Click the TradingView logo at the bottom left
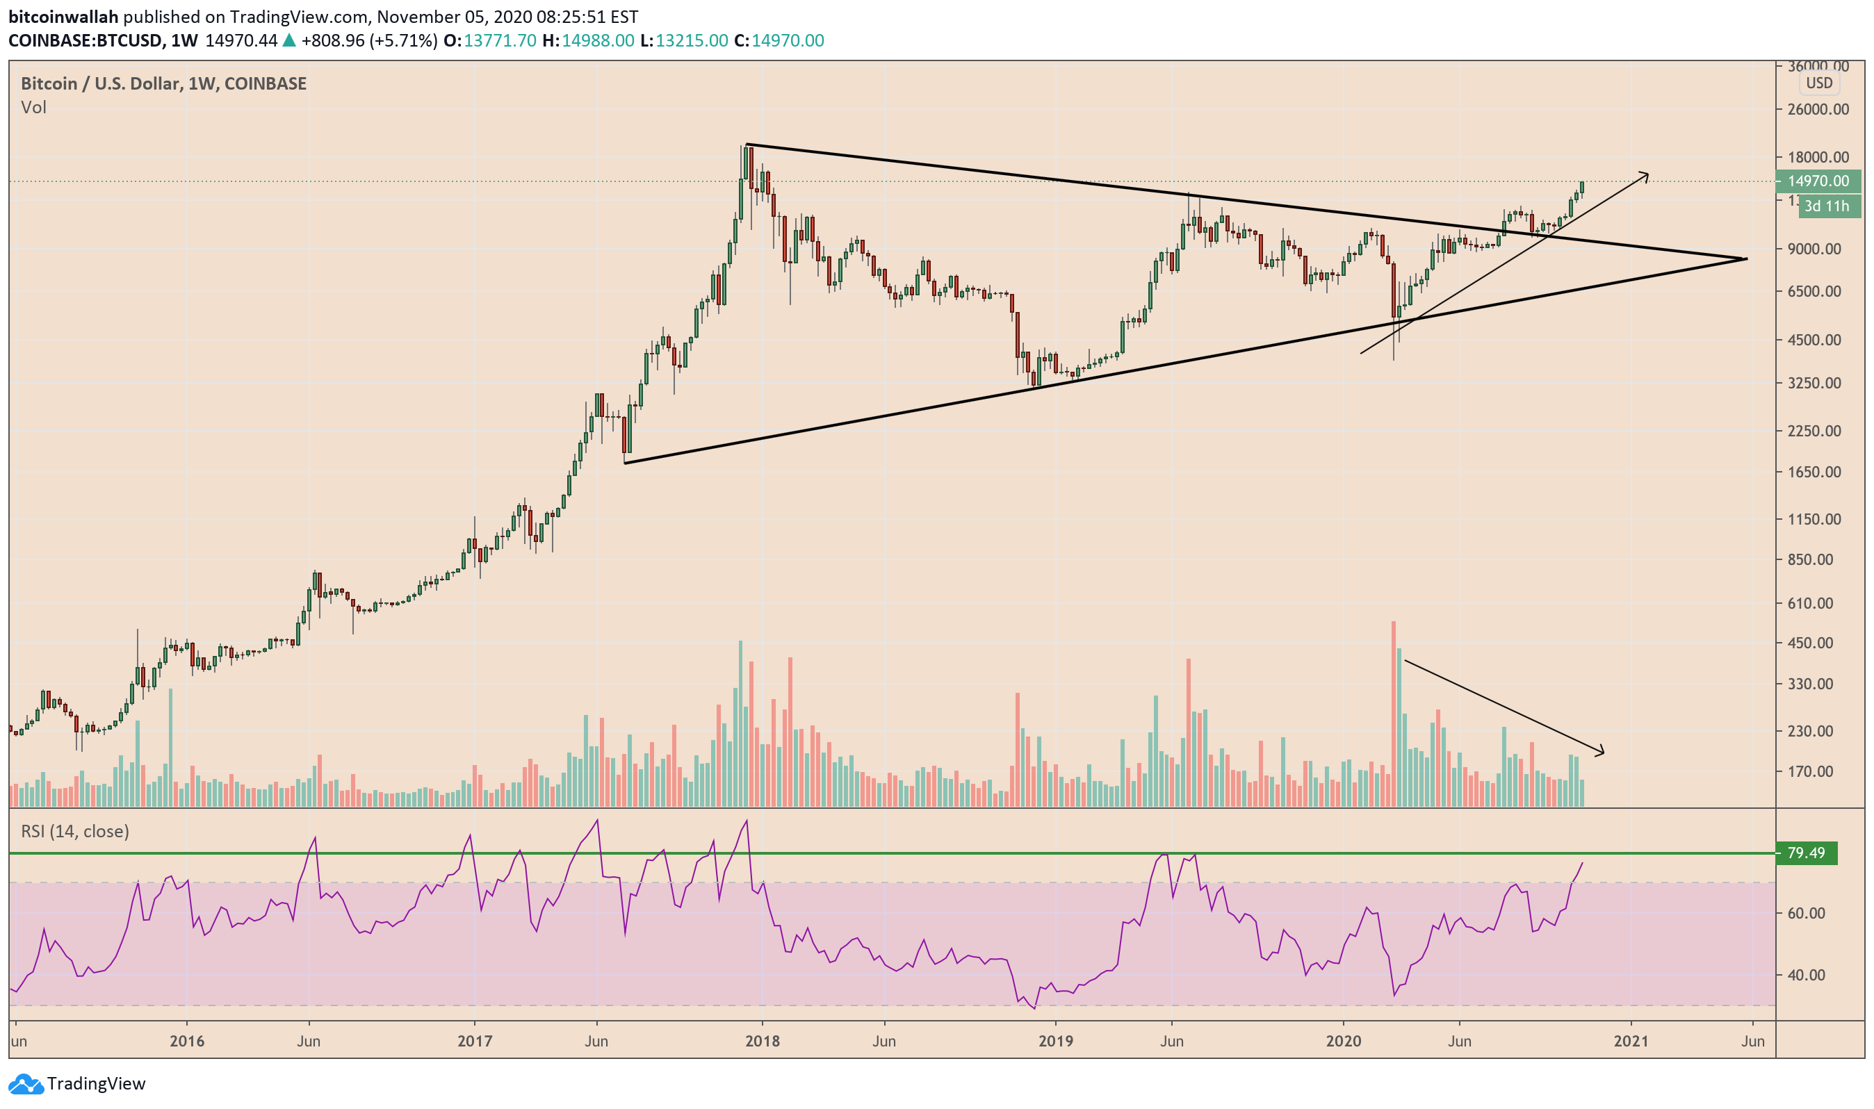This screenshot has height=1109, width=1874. (76, 1083)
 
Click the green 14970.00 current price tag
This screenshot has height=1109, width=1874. (1818, 181)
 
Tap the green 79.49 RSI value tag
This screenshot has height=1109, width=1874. (1805, 853)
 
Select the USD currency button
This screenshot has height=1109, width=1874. (1818, 83)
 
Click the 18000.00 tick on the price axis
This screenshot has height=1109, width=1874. (1818, 157)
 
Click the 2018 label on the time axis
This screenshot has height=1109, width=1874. (762, 1041)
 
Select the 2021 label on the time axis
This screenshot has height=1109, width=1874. (1630, 1041)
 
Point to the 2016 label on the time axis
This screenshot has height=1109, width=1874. (186, 1041)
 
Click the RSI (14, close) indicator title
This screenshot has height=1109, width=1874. (75, 831)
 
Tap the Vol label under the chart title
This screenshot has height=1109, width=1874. (33, 108)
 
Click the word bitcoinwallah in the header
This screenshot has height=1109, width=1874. (63, 17)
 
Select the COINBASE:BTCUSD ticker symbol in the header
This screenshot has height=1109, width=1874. (85, 40)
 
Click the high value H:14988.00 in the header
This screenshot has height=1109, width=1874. (588, 40)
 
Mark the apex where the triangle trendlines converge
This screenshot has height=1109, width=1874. (1745, 258)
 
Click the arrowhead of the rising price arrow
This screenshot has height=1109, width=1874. (1646, 175)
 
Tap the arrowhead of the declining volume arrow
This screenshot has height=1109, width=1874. (1602, 753)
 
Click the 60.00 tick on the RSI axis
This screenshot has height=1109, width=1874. (1805, 913)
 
